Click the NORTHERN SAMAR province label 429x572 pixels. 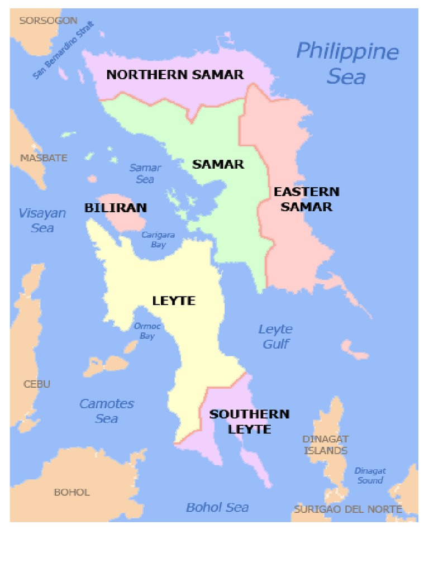click(175, 74)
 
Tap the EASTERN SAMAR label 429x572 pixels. click(306, 199)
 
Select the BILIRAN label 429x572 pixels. click(116, 208)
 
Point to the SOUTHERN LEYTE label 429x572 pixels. click(249, 422)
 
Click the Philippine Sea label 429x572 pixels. click(347, 63)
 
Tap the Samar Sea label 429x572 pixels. click(145, 173)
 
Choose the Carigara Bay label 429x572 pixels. click(158, 240)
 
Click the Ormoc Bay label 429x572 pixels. click(147, 331)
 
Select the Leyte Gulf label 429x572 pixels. click(275, 337)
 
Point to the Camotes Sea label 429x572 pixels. click(107, 411)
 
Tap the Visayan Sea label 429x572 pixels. click(42, 220)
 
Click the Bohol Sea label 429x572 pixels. click(217, 507)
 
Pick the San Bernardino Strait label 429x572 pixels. click(63, 50)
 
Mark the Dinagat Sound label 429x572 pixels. click(370, 475)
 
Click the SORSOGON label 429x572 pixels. click(48, 21)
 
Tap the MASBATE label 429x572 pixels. click(44, 158)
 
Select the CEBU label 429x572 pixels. click(37, 384)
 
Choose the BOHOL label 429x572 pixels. click(71, 492)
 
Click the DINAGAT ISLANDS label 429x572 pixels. click(325, 445)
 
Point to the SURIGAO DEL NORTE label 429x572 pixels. click(348, 509)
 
